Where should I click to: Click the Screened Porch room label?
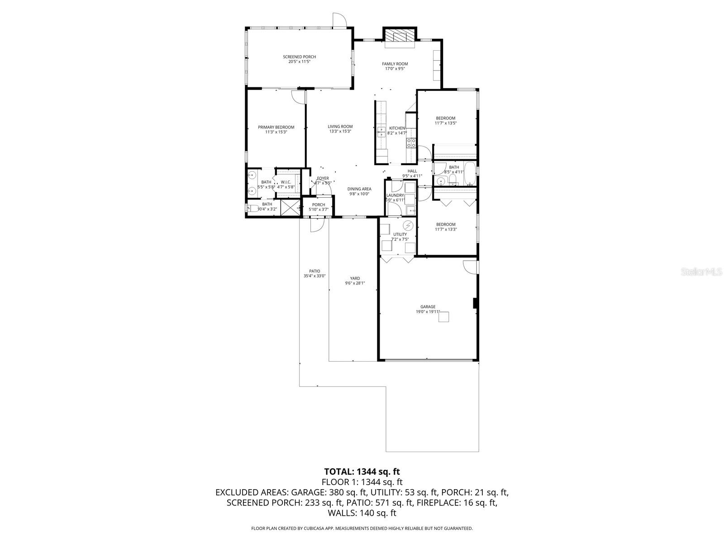(299, 57)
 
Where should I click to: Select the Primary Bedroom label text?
(276, 127)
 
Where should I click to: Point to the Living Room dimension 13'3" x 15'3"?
(340, 132)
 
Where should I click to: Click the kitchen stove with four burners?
(411, 143)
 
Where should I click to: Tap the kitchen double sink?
(381, 131)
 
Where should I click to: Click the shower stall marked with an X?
(290, 208)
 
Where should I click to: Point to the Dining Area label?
(359, 189)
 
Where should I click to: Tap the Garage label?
(428, 307)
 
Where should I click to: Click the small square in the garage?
(444, 317)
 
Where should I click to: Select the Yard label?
(355, 278)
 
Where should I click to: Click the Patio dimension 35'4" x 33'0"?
(314, 276)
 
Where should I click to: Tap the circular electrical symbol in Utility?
(409, 225)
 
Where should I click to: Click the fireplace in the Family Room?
(400, 37)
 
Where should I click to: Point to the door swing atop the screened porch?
(339, 20)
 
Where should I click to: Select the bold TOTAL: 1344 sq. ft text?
(362, 472)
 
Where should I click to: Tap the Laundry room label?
(395, 195)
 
